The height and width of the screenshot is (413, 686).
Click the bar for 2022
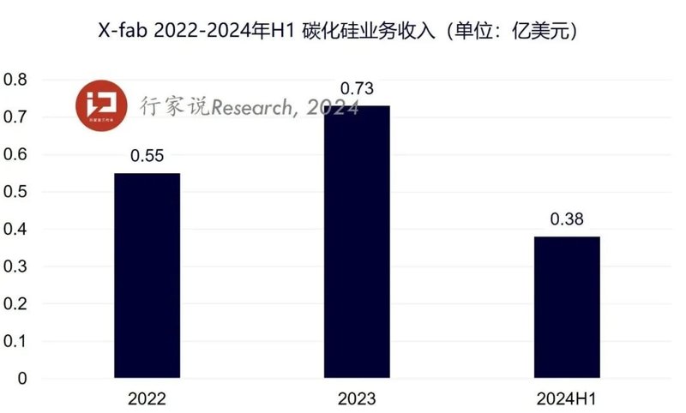tap(147, 275)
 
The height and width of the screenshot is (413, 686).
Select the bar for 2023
tap(357, 241)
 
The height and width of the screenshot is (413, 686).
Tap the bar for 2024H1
tap(567, 307)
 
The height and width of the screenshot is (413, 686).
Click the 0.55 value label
tap(147, 157)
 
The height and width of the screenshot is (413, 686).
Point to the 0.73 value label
tap(357, 89)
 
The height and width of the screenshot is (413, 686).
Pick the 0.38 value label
tap(567, 220)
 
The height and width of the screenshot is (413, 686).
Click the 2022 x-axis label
tap(147, 398)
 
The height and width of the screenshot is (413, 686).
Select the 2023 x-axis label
tap(357, 398)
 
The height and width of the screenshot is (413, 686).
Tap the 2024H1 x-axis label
tap(567, 398)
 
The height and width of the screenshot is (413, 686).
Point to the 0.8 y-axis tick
tap(16, 80)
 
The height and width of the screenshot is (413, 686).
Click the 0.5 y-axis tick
tap(16, 192)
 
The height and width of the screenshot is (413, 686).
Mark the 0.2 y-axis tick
tap(16, 304)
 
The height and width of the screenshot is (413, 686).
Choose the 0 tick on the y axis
tap(22, 379)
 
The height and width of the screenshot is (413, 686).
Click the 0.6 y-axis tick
tap(16, 154)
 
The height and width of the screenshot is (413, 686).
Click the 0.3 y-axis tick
tap(16, 266)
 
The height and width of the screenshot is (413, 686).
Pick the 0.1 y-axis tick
tap(16, 341)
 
